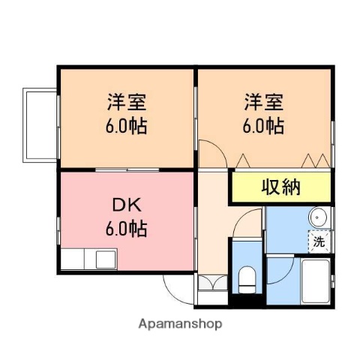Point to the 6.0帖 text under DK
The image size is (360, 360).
125,227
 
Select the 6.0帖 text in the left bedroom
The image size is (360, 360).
125,124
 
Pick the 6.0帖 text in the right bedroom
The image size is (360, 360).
263,124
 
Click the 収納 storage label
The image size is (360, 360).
280,187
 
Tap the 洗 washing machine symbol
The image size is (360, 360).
319,241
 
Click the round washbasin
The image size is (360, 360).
319,218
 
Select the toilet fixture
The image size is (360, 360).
246,280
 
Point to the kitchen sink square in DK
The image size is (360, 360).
104,261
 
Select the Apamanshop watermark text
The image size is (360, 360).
180,325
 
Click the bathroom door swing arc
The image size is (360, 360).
279,270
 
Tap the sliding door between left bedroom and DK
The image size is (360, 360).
127,170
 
